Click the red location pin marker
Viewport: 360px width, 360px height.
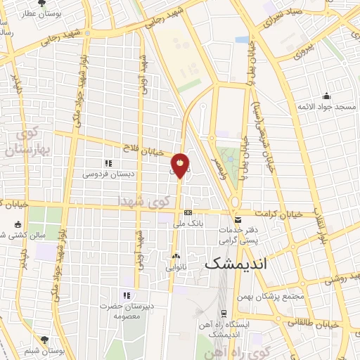tap(181, 165)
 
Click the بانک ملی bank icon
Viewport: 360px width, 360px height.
tap(188, 212)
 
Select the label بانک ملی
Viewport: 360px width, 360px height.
tap(188, 224)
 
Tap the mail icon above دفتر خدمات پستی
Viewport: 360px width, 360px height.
tap(237, 220)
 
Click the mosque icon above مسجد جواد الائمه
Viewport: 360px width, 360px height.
tap(326, 96)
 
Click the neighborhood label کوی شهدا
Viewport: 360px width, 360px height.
tap(144, 201)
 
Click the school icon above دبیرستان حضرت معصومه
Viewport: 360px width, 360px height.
tap(127, 295)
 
